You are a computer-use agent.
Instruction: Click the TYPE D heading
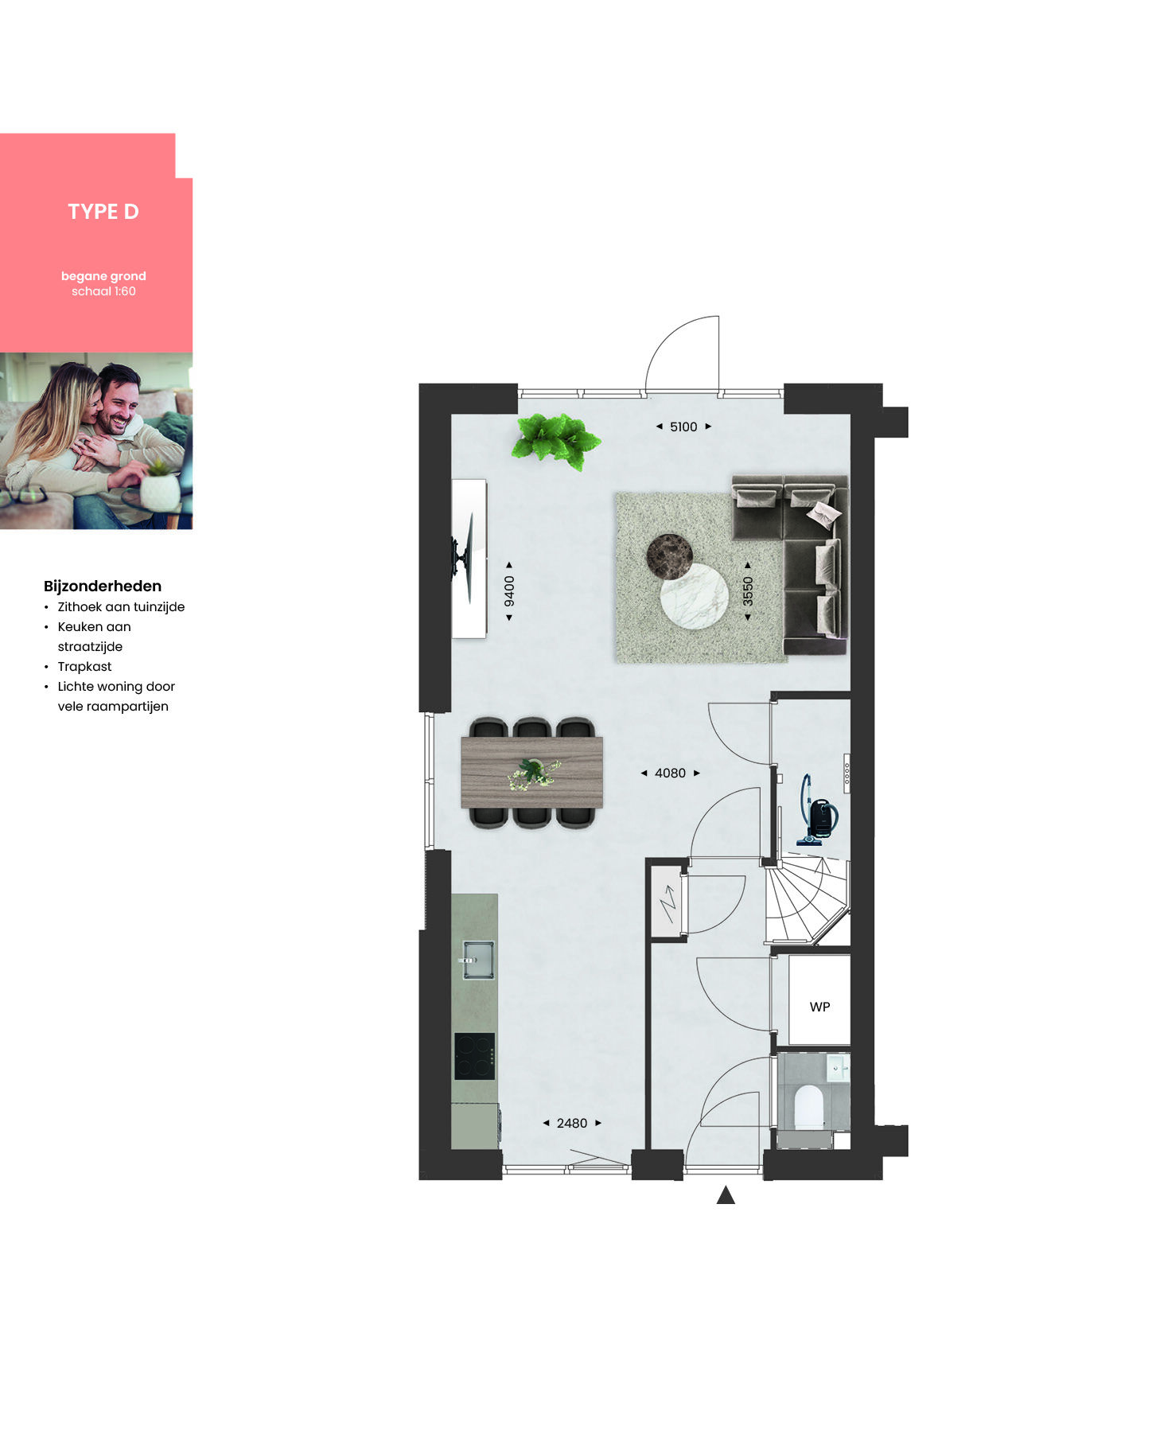click(103, 212)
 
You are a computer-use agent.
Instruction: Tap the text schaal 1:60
click(103, 291)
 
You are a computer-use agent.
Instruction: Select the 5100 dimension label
click(683, 427)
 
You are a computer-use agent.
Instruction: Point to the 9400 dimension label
click(509, 590)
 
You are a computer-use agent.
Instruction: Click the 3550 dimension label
click(747, 591)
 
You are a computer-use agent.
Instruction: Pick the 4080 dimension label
click(670, 773)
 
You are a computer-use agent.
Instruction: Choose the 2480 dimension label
click(572, 1123)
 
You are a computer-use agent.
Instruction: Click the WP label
click(819, 1007)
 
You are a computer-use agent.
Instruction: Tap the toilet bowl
click(808, 1106)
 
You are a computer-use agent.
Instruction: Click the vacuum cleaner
click(816, 812)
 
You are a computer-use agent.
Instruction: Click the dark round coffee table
click(669, 555)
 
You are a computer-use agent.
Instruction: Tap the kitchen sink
click(477, 959)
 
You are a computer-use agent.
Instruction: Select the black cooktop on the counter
click(475, 1056)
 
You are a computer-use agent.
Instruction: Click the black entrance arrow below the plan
click(726, 1194)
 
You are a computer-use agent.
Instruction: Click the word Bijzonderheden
click(103, 587)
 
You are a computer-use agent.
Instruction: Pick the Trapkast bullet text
click(84, 667)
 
